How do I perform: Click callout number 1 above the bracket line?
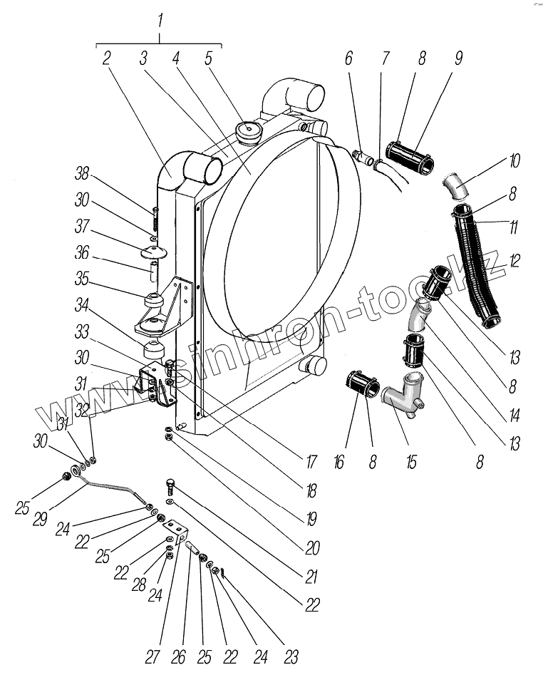click(160, 19)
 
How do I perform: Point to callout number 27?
click(152, 656)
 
